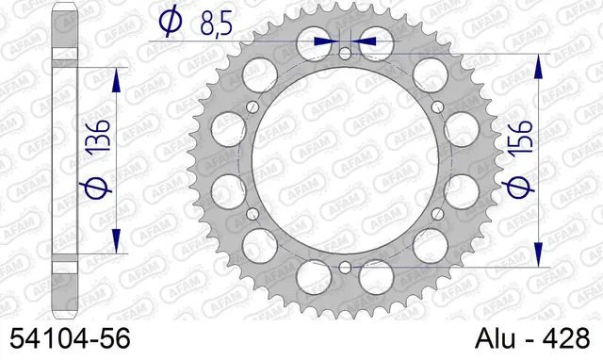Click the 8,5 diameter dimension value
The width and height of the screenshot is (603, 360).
tap(216, 25)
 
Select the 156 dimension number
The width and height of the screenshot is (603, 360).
tap(520, 139)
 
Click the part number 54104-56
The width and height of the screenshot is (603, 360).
tap(70, 339)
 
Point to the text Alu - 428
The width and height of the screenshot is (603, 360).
tap(532, 339)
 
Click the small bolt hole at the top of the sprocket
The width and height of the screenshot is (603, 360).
tap(346, 54)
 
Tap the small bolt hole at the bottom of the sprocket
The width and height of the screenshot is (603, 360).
tap(346, 267)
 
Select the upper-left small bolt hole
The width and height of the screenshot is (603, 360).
tap(253, 106)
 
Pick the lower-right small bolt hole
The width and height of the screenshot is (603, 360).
tap(437, 214)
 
